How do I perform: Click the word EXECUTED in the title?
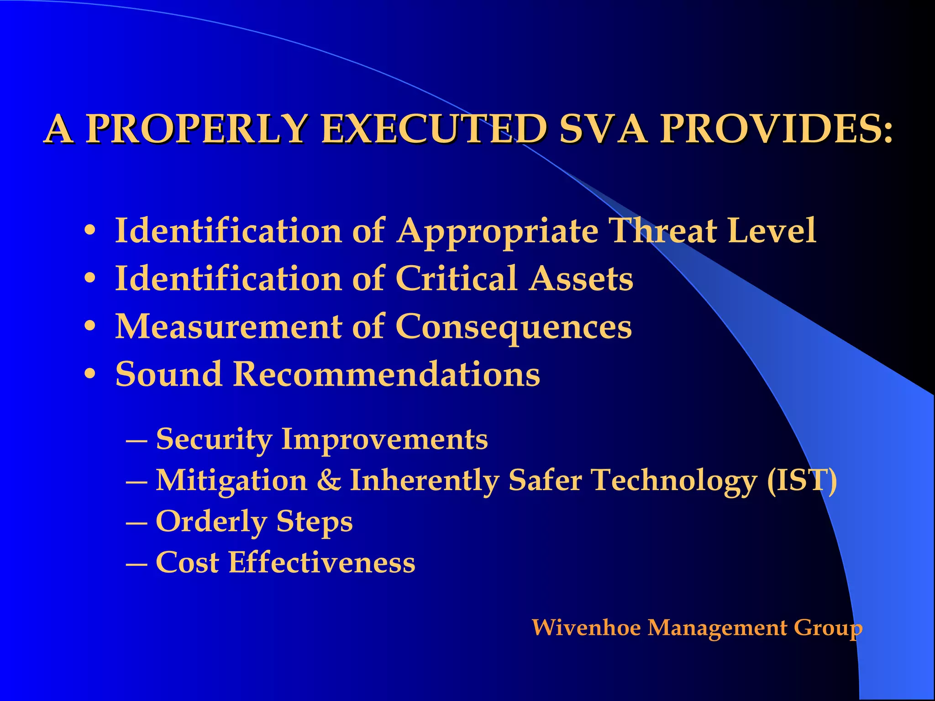click(x=434, y=129)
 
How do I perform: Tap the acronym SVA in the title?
click(x=603, y=129)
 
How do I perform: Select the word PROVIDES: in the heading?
click(x=776, y=129)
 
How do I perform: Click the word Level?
click(x=772, y=230)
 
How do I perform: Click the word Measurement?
click(x=228, y=327)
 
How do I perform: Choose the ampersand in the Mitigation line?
click(x=329, y=481)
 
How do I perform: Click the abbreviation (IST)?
click(x=802, y=481)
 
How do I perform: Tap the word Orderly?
click(x=211, y=522)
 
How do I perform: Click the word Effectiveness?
click(x=322, y=562)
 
